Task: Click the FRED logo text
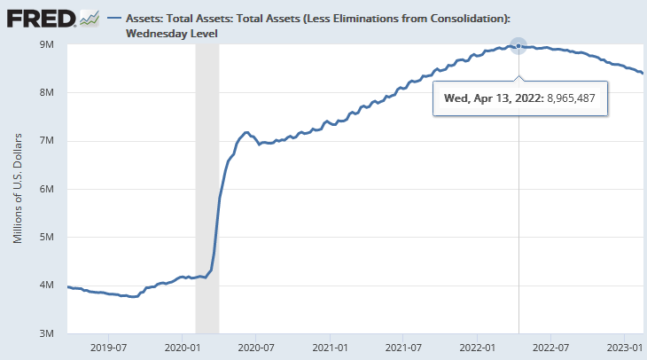point(39,18)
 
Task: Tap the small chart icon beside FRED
point(88,18)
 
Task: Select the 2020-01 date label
point(181,348)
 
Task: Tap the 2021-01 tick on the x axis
point(329,348)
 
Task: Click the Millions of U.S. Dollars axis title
point(17,189)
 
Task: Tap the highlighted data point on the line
point(518,46)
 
